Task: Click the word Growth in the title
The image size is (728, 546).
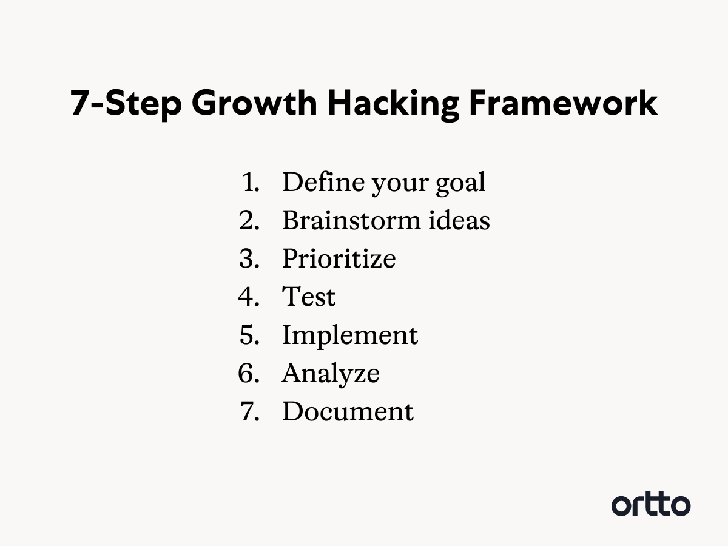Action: (254, 103)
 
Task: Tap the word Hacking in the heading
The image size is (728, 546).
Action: (393, 105)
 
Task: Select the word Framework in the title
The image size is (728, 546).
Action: (563, 103)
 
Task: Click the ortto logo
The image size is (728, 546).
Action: (651, 505)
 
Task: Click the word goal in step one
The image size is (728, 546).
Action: (460, 184)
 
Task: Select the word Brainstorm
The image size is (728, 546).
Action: (351, 220)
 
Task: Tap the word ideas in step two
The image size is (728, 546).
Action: (459, 220)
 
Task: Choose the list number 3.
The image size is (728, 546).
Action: (249, 258)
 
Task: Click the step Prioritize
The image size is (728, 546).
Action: (339, 258)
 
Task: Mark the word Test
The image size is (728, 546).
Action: (309, 297)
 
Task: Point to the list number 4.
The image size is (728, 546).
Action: (249, 297)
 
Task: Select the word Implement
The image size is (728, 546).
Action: (350, 336)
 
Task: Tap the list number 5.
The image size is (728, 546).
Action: (249, 335)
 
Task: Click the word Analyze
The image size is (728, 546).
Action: (331, 374)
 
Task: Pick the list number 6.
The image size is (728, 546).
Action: (249, 373)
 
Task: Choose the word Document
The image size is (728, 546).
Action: (348, 411)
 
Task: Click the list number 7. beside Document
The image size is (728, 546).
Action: (250, 411)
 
